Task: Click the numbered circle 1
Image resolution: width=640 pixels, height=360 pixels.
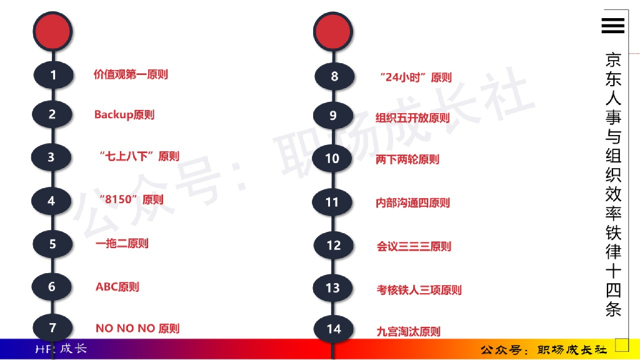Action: (x=53, y=76)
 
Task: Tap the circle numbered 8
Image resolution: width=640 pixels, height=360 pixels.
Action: (x=334, y=77)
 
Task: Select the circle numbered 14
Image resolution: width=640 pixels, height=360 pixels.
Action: (x=334, y=329)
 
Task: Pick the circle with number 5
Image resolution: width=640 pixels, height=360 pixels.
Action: (x=52, y=244)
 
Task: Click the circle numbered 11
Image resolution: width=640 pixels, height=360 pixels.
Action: (x=332, y=202)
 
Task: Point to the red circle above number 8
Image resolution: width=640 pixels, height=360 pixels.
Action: (x=333, y=30)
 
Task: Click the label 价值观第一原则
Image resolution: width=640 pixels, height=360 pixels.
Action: (x=131, y=74)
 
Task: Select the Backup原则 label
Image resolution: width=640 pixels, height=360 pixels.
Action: (x=124, y=114)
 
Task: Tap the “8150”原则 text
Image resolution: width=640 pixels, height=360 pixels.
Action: (x=131, y=200)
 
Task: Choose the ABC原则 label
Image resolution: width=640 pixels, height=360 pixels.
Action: (x=117, y=287)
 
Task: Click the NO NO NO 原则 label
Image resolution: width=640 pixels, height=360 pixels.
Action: (x=137, y=328)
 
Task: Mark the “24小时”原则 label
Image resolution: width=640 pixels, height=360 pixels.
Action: (x=416, y=77)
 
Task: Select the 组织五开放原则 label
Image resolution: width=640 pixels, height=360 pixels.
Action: (x=412, y=117)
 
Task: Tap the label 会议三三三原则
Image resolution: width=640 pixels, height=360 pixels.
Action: (x=414, y=246)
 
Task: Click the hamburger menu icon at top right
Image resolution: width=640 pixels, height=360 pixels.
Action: (x=612, y=25)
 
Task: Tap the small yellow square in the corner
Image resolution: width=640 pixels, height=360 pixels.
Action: (x=621, y=344)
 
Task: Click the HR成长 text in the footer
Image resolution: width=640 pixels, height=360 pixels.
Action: (x=61, y=349)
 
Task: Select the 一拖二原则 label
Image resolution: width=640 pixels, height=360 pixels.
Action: (x=122, y=244)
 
